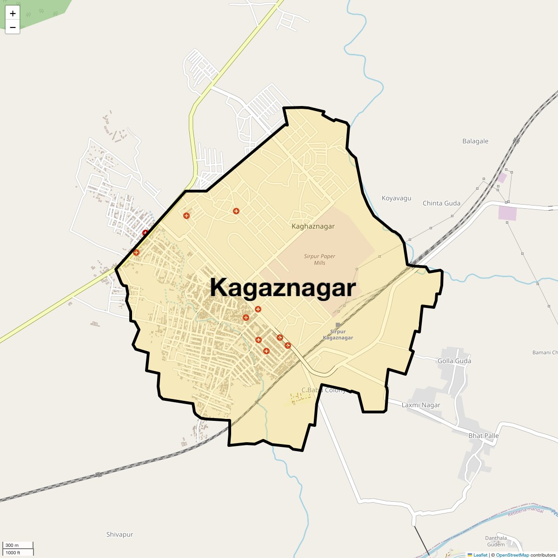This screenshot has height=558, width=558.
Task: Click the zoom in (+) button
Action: tap(13, 13)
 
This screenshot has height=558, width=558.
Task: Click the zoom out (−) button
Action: tap(13, 27)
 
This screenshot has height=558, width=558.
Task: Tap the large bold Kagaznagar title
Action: tap(283, 288)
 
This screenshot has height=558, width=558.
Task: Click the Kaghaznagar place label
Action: tap(313, 226)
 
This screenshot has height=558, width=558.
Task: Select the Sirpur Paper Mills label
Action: tap(319, 259)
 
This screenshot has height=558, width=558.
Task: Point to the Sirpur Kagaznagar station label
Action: tap(338, 335)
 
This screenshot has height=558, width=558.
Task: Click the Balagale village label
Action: tap(475, 141)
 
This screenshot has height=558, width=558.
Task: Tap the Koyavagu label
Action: tap(396, 198)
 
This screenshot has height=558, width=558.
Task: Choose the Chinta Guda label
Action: tap(441, 203)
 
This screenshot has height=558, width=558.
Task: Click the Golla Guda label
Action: tap(454, 361)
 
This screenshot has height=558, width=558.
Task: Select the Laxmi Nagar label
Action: tap(421, 405)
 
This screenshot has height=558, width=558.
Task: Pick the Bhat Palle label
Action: tap(484, 436)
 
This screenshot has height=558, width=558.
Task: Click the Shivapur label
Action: tap(120, 534)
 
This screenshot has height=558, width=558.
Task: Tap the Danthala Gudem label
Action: tap(496, 541)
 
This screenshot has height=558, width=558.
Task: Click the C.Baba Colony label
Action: tap(324, 390)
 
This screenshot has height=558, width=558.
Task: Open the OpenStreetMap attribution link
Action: tap(512, 555)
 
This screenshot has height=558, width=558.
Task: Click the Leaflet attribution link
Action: tap(480, 555)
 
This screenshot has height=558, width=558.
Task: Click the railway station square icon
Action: tap(338, 325)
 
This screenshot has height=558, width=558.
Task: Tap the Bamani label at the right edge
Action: tap(545, 352)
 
